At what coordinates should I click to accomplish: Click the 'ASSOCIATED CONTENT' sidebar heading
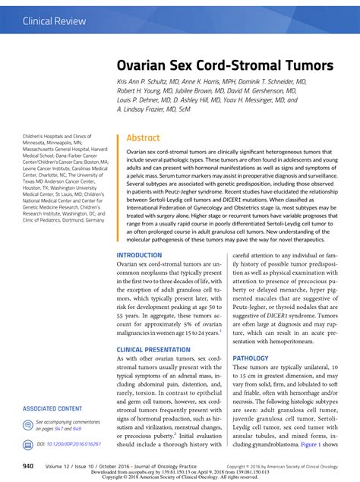[52, 408]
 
